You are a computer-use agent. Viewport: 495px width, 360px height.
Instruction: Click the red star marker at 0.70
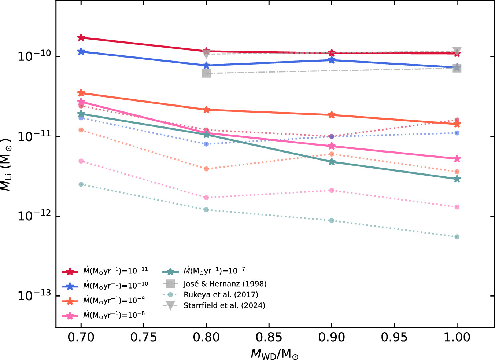[x=81, y=38]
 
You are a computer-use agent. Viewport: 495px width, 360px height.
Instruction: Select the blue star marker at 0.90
[x=332, y=60]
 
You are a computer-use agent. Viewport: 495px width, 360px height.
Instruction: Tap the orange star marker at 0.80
[x=206, y=110]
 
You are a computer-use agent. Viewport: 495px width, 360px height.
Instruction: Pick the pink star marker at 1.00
[x=457, y=159]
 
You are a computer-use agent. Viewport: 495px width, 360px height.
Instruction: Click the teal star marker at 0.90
[x=332, y=162]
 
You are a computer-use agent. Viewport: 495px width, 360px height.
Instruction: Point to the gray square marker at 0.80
[x=206, y=73]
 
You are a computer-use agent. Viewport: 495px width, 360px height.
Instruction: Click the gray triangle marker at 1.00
[x=457, y=51]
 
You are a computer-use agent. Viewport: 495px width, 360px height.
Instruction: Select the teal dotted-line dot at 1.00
[x=457, y=237]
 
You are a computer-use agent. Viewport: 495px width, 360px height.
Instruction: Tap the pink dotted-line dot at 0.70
[x=81, y=161]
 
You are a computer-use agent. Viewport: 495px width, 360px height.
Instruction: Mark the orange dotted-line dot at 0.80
[x=206, y=169]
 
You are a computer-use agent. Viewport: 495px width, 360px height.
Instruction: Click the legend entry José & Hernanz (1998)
[x=225, y=284]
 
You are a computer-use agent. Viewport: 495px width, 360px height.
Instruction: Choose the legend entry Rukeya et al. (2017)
[x=221, y=295]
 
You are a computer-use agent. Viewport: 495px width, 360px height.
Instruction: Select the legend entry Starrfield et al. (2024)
[x=224, y=305]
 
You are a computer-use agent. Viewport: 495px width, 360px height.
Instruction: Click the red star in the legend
[x=70, y=272]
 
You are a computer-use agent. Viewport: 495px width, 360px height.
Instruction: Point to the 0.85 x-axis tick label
[x=269, y=337]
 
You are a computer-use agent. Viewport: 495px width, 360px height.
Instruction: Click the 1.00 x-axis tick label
[x=457, y=337]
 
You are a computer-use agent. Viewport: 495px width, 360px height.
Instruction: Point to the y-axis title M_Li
[x=6, y=165]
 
